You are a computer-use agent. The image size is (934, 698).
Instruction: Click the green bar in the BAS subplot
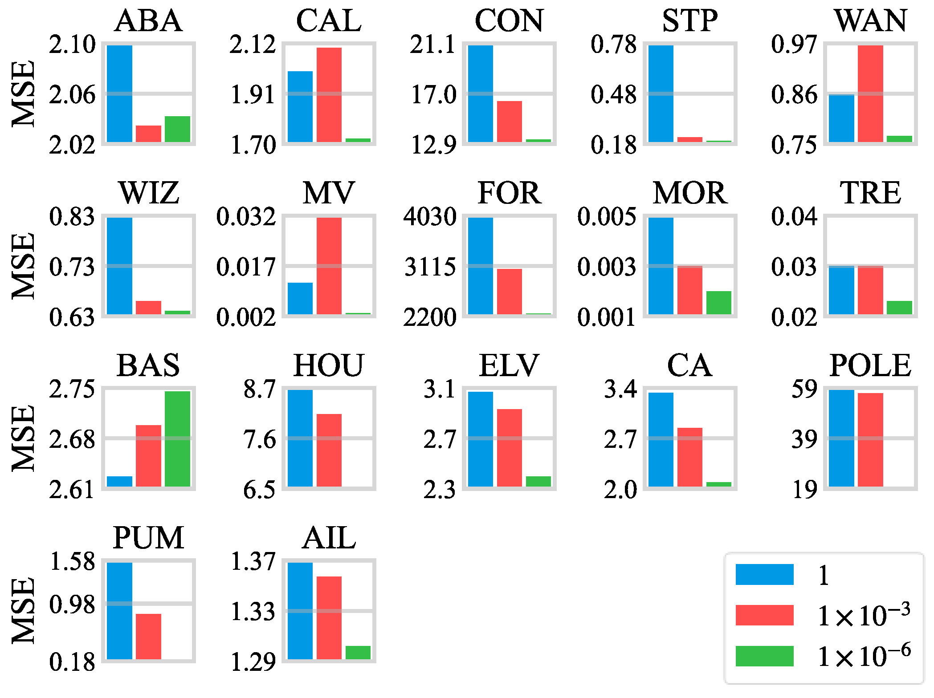[177, 438]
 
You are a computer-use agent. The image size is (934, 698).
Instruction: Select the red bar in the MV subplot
[329, 266]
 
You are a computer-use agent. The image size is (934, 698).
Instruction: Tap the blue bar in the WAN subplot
[841, 118]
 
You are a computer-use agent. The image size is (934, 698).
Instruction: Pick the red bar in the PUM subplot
[148, 636]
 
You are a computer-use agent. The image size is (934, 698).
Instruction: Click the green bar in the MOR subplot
[718, 303]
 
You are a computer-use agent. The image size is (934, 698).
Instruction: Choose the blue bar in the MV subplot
[300, 298]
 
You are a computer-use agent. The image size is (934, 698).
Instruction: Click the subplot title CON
[509, 21]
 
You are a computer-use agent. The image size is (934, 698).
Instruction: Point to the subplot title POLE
[870, 365]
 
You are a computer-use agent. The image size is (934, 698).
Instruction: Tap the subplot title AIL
[329, 538]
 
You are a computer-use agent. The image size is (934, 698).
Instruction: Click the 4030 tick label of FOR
[430, 217]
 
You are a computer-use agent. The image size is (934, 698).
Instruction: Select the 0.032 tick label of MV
[246, 217]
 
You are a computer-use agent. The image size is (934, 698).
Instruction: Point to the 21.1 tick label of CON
[432, 45]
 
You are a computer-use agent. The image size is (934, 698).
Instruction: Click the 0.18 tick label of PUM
[72, 662]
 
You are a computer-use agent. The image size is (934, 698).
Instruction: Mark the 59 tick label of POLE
[804, 389]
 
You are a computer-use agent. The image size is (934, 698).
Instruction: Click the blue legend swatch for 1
[764, 574]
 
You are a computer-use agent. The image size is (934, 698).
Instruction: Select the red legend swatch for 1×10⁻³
[764, 615]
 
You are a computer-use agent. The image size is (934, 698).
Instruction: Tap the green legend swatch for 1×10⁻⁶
[764, 656]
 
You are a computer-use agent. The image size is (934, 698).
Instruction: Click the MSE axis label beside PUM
[23, 611]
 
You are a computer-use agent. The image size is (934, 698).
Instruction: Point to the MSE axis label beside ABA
[23, 93]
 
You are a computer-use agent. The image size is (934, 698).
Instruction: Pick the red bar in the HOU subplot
[329, 450]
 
